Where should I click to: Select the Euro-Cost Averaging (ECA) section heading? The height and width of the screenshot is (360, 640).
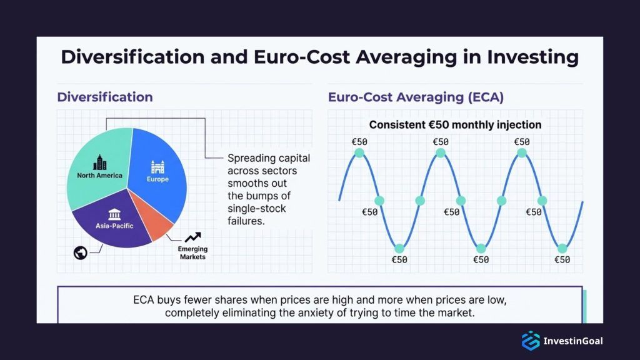pos(416,97)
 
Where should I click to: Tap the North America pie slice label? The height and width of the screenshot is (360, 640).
pos(99,176)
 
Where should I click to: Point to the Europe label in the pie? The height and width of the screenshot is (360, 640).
pos(157,179)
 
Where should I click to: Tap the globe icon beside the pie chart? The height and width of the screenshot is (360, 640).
pos(79,252)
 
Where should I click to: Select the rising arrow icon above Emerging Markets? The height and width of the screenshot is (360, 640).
pos(192,237)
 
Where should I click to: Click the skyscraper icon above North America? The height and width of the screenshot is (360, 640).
pos(99,163)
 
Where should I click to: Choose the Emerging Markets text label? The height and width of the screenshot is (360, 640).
pos(192,253)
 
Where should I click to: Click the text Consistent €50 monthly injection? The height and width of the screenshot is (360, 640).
pos(455,125)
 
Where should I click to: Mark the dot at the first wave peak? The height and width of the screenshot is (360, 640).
pos(359,152)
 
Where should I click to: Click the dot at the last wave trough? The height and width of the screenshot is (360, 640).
pos(562,247)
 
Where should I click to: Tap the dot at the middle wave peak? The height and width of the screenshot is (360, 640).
pos(441,152)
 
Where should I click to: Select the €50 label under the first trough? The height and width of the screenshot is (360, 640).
pos(399,259)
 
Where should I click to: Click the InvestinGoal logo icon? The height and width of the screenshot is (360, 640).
pos(531,341)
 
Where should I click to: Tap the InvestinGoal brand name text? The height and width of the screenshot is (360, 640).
pos(573,341)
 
